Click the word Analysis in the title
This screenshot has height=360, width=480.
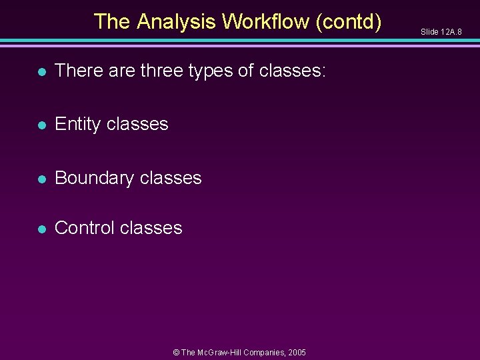pyautogui.click(x=177, y=21)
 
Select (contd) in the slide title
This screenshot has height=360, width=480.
pyautogui.click(x=349, y=21)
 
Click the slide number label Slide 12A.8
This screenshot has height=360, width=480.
pyautogui.click(x=441, y=31)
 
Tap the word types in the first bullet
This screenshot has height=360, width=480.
pyautogui.click(x=211, y=70)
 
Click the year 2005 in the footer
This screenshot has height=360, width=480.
pyautogui.click(x=296, y=351)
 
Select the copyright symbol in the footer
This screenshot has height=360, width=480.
pyautogui.click(x=176, y=351)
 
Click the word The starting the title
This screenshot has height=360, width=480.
pyautogui.click(x=112, y=21)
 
